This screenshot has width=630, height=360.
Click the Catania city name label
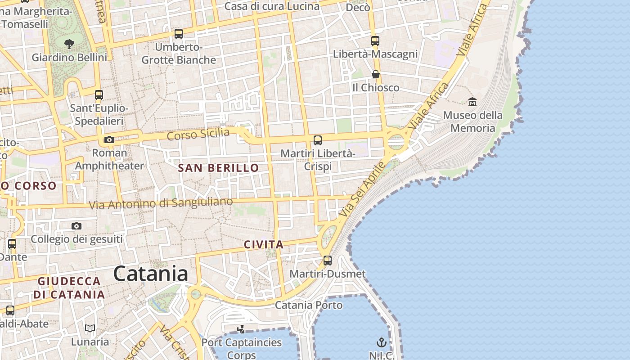click(x=150, y=273)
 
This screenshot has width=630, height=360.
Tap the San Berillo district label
click(x=218, y=168)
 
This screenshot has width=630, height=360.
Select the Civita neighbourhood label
click(x=264, y=245)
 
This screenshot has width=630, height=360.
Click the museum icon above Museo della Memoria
click(x=472, y=102)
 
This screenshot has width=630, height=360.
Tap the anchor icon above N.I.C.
click(x=382, y=343)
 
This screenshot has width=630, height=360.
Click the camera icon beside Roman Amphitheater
click(x=109, y=140)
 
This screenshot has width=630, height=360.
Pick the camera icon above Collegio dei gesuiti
click(x=76, y=226)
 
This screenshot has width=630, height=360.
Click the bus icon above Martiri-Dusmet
click(x=328, y=261)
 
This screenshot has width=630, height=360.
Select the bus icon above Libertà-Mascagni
click(x=375, y=41)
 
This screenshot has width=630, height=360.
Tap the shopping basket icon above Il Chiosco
click(x=376, y=74)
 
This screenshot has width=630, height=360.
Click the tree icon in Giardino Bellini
click(x=69, y=44)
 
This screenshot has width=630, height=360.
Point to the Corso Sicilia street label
click(x=198, y=134)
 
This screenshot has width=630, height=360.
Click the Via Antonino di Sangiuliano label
click(x=161, y=203)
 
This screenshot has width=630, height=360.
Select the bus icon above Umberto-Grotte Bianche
click(x=179, y=34)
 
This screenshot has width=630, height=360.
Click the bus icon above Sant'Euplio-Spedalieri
click(x=99, y=95)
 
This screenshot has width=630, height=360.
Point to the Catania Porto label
click(x=309, y=305)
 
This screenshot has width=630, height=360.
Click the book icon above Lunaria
click(x=90, y=328)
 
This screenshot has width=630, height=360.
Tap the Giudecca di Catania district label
click(x=69, y=288)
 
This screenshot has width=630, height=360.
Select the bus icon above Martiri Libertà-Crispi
click(x=318, y=140)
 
